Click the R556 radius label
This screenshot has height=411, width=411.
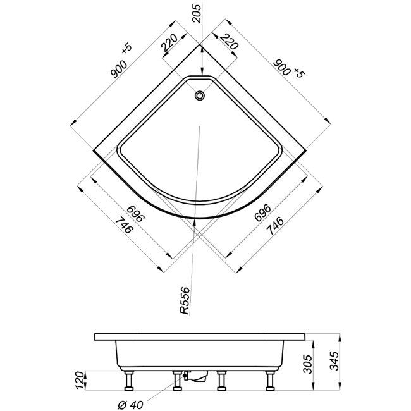coord(185,300)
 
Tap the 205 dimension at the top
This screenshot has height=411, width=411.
coord(197,14)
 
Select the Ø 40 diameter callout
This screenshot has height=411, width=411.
coord(130,405)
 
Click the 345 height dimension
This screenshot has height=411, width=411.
coord(334,360)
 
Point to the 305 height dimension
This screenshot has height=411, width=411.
coord(307,364)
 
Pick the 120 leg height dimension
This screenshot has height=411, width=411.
coord(80,380)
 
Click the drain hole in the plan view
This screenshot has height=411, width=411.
coord(200,95)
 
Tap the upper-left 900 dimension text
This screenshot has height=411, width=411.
coord(119,69)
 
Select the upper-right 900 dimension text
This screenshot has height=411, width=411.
coord(282,68)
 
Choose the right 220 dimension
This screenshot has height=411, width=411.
coord(230,41)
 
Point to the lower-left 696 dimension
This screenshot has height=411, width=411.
coord(135,214)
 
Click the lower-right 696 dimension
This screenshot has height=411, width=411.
coord(262,212)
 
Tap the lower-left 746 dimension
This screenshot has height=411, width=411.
coord(124,225)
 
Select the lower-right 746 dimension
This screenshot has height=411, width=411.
coord(275,225)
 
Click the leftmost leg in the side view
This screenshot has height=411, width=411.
coord(128,381)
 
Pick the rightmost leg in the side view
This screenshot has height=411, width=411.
coord(270,381)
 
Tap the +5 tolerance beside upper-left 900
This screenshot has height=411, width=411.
coord(126,49)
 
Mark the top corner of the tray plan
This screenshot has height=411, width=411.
coord(200,45)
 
